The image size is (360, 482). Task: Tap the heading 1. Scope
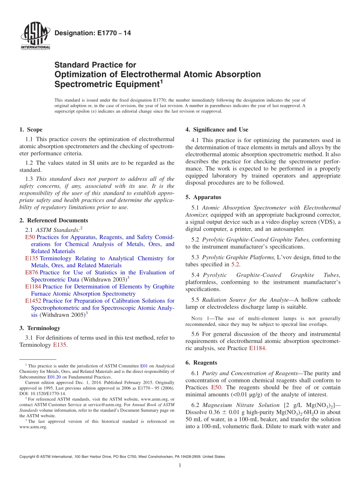pos(31,130)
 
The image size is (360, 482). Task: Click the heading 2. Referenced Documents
pos(53,220)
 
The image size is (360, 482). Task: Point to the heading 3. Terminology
pos(39,328)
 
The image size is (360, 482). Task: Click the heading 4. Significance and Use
pos(217,130)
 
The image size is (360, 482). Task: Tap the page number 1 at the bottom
pos(180,465)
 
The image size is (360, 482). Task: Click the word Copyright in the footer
pos(27,457)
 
